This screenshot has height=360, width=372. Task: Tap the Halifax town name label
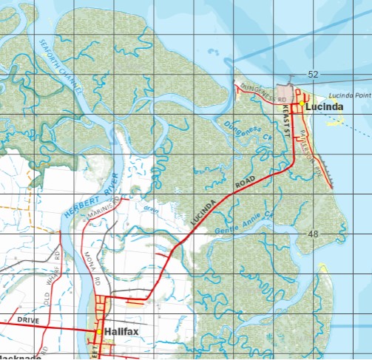tap(121, 332)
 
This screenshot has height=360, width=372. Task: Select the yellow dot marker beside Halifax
tap(98, 332)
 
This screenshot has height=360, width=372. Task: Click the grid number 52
tap(313, 75)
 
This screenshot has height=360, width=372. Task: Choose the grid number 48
tap(313, 234)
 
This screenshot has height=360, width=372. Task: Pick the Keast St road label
tap(285, 118)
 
